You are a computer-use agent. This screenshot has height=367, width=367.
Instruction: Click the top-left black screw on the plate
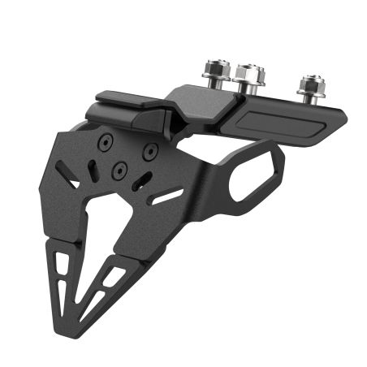coord(105,142)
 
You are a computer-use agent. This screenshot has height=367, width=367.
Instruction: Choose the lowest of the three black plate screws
coord(119,171)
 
